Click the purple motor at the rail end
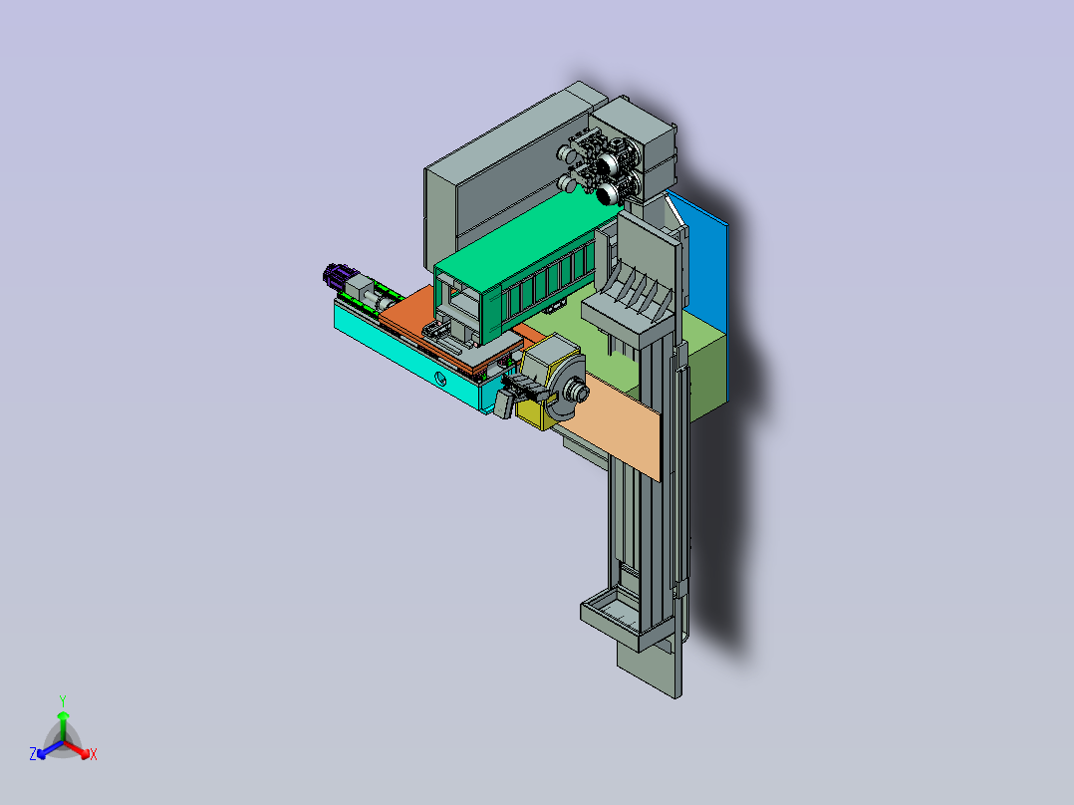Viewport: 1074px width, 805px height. tap(336, 277)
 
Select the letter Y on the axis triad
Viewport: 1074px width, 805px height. tap(63, 700)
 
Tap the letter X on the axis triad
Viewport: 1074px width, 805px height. tap(94, 754)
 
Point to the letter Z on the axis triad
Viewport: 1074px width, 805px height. tap(33, 754)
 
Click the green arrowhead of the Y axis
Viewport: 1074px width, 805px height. tap(63, 715)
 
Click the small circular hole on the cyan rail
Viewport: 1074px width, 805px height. tap(440, 377)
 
